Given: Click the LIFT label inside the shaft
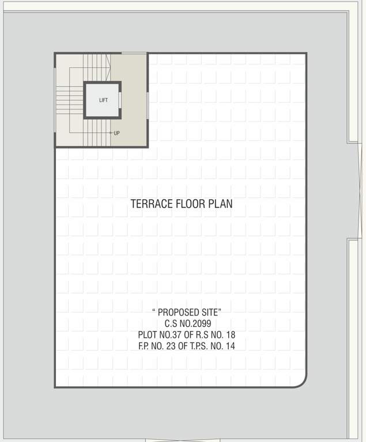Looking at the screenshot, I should click(x=103, y=100).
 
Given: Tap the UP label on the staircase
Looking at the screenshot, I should click(x=117, y=133).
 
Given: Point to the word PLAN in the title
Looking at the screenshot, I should click(x=221, y=204).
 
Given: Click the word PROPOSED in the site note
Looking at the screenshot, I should click(x=180, y=312).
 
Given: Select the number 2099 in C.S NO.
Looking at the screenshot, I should click(x=200, y=323).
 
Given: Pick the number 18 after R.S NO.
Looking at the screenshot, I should click(x=230, y=334).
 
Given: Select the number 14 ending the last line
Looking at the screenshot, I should click(x=230, y=346).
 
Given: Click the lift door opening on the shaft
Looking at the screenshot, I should click(x=120, y=100).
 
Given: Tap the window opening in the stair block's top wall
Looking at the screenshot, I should click(x=134, y=54).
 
